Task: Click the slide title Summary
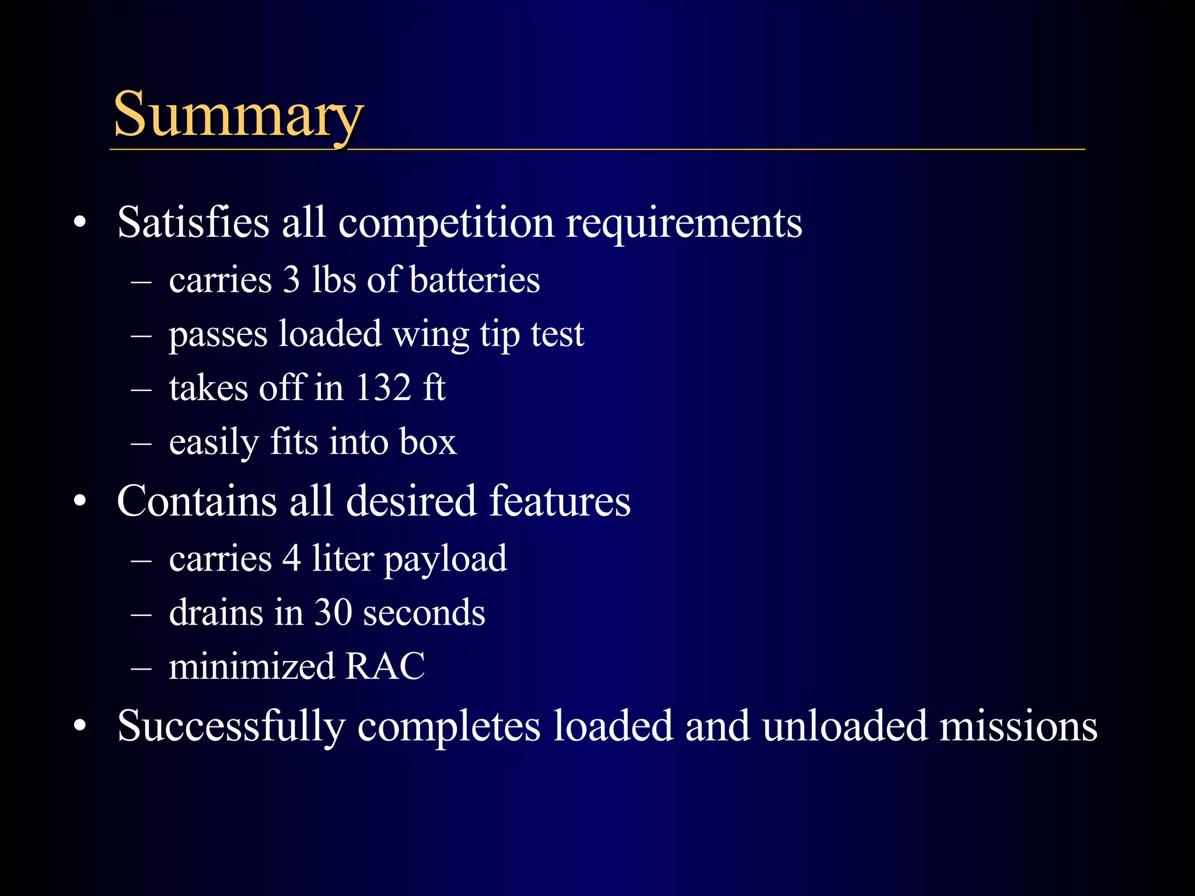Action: (238, 114)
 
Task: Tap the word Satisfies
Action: (193, 222)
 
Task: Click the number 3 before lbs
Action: (291, 279)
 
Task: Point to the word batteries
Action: (474, 279)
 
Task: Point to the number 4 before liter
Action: (292, 558)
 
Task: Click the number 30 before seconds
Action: (333, 612)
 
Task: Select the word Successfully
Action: (231, 727)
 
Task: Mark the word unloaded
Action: (844, 726)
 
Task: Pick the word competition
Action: (446, 223)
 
